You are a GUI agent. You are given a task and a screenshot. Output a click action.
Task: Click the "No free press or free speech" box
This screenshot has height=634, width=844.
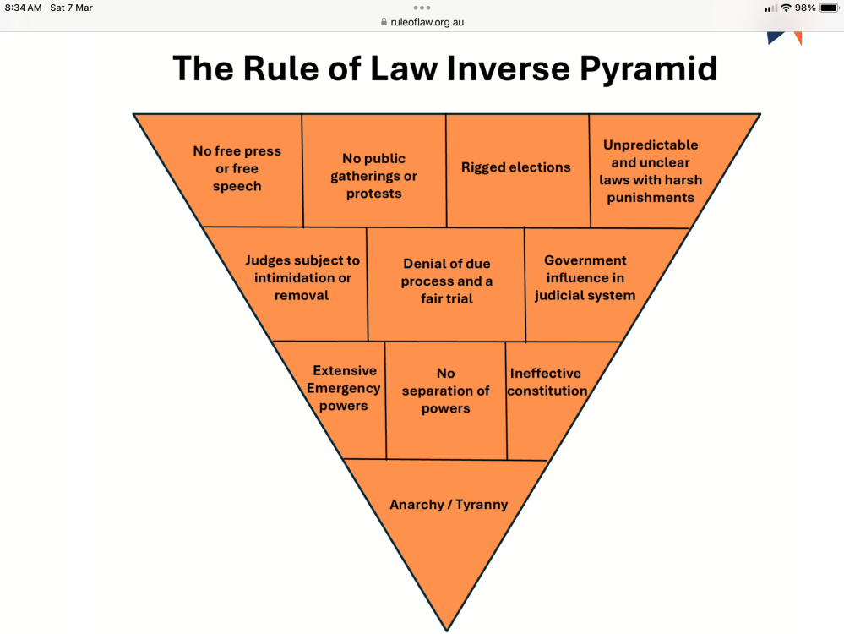coord(237,169)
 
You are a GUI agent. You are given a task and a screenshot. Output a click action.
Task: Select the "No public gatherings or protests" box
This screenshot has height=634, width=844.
coord(374,176)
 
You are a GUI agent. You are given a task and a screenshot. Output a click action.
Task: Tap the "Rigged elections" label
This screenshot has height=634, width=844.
coord(515,167)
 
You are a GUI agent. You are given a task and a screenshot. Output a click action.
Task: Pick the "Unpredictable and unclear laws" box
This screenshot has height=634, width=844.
coord(651,172)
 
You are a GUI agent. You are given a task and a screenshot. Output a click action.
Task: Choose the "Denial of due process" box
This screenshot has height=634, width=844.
coord(446,281)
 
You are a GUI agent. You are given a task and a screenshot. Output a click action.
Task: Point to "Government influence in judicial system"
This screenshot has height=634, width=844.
coord(585,278)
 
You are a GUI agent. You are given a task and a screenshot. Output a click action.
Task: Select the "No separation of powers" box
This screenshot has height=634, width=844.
coord(445,391)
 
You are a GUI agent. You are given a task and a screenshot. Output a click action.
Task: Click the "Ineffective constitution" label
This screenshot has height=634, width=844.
coord(547,382)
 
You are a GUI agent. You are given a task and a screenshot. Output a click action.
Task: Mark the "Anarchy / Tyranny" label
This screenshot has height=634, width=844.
coord(449,505)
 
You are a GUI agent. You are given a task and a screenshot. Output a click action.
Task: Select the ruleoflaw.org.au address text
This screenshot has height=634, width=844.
coord(427,22)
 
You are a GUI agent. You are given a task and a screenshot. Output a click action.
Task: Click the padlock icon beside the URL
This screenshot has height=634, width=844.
coord(384,22)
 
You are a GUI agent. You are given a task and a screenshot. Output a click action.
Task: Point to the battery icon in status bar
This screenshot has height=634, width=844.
coord(829,8)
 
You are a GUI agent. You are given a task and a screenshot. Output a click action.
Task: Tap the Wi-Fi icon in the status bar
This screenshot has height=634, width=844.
coord(786,8)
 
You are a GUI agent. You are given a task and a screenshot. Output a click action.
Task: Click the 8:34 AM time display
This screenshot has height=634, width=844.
coord(23,8)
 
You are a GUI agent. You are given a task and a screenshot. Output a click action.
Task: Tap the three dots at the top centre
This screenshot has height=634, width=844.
coord(422,8)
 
